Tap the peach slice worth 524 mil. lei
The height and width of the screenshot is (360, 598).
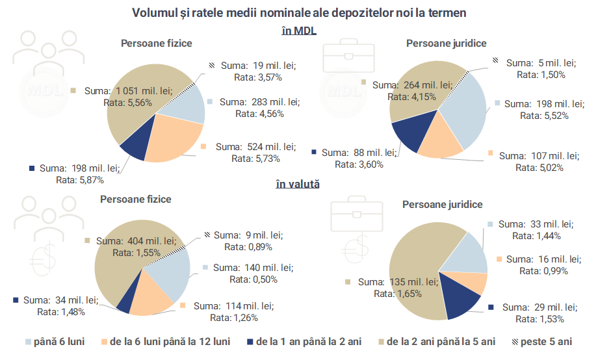click(x=175, y=138)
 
